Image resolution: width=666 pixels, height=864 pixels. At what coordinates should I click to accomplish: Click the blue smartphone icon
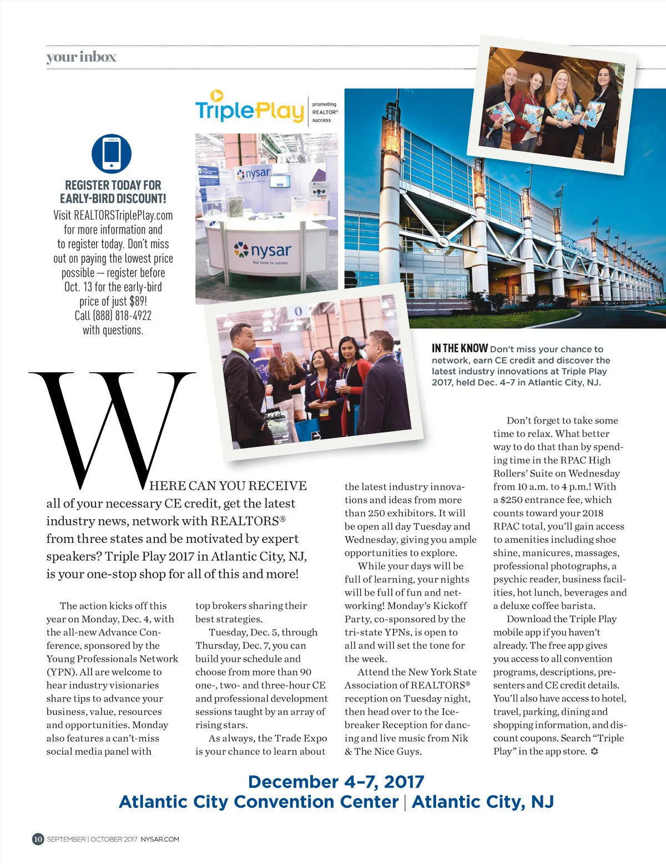(x=112, y=154)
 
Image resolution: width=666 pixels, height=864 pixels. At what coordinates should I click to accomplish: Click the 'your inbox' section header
(x=81, y=57)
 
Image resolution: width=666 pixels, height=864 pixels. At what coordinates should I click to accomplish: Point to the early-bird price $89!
(x=138, y=301)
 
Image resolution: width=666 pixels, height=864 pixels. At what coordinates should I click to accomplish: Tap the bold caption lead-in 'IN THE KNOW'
(x=460, y=348)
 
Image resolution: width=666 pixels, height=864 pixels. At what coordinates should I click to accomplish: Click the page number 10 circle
(x=38, y=838)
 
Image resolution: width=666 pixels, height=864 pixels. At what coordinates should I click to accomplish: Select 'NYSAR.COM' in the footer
(x=160, y=839)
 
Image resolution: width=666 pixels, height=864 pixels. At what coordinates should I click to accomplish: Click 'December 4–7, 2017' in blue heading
(x=336, y=781)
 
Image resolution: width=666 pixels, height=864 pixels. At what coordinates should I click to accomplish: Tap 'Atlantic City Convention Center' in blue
(x=259, y=802)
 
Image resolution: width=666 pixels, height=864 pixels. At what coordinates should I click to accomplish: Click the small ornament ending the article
(x=594, y=751)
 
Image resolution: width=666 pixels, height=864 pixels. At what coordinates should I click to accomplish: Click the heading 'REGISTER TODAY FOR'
(x=113, y=185)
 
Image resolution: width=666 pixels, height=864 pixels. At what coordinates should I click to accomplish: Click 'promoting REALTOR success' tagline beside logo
(x=324, y=112)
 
